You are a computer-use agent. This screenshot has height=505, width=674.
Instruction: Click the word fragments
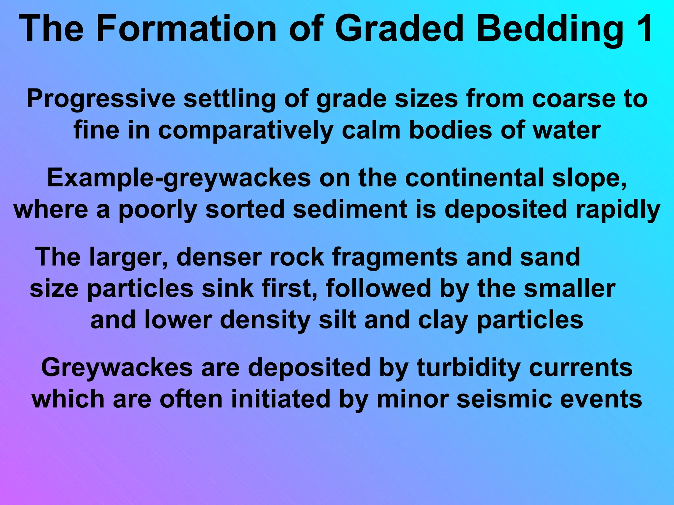click(x=395, y=257)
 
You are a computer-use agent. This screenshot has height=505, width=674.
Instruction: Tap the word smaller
click(x=569, y=288)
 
